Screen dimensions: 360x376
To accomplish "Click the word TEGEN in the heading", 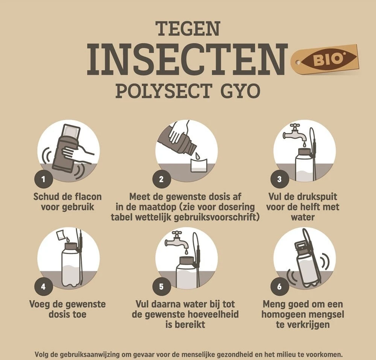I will click(188, 29).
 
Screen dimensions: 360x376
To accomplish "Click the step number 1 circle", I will click(44, 179).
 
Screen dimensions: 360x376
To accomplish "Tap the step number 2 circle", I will click(161, 179).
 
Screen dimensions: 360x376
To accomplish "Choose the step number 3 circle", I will click(279, 179).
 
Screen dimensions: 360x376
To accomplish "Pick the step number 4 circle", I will click(44, 287).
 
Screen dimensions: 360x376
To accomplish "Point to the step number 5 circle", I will click(161, 287).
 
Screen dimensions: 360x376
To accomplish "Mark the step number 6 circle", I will click(279, 287).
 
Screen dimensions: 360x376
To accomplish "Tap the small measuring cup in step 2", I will click(199, 165).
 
